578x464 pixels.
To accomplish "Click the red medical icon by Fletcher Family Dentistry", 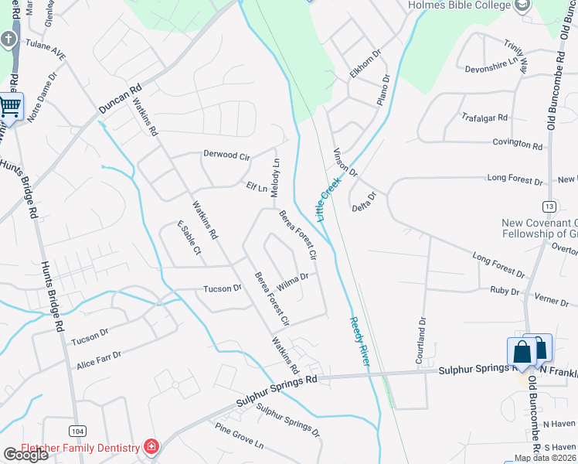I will (151, 447).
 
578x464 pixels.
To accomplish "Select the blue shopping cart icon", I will (10, 106).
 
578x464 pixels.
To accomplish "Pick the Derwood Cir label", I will (226, 155).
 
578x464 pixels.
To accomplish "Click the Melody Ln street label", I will (275, 169).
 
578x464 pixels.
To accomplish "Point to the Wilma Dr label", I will (293, 281).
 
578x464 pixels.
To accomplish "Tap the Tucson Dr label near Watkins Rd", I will (222, 288).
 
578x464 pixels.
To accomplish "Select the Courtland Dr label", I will (422, 331).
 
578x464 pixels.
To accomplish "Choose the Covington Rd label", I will (518, 144).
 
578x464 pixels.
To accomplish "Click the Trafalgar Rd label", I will (484, 118).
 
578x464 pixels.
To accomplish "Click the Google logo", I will (25, 455).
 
